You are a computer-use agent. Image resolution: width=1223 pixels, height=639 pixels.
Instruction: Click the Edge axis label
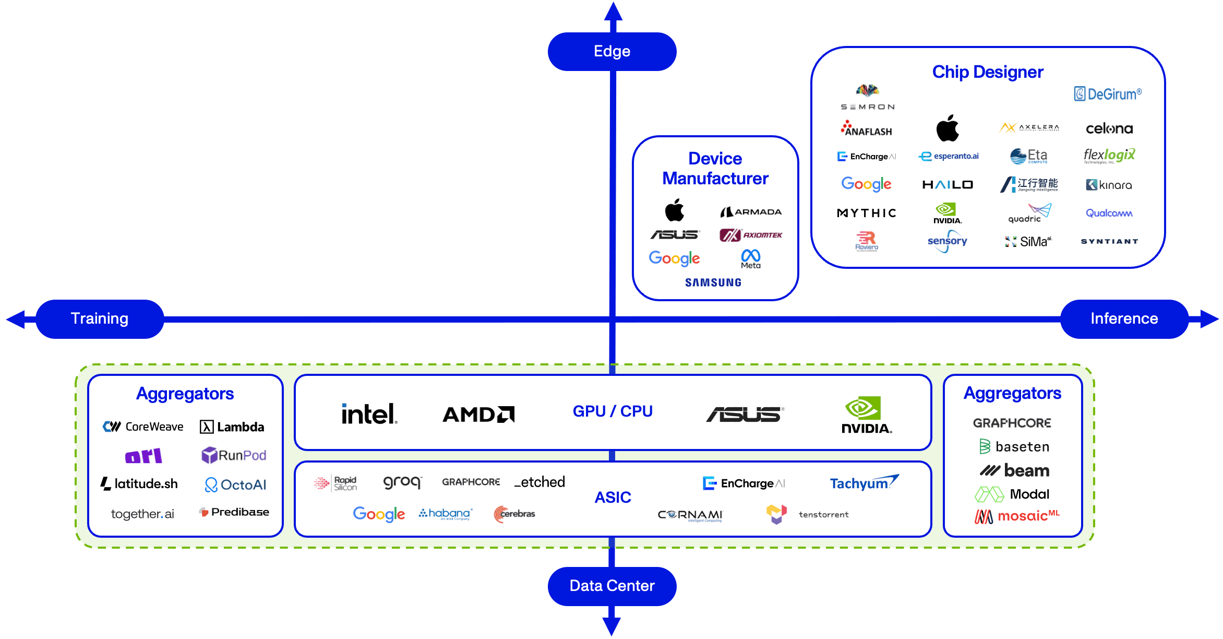(x=612, y=51)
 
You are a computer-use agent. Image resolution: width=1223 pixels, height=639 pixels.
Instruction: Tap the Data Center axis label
(x=612, y=586)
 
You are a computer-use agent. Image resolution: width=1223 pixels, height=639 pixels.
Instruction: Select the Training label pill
(x=99, y=318)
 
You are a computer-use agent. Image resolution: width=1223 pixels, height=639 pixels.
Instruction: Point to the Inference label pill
(x=1124, y=318)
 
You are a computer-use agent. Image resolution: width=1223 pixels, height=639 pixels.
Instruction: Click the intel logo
(x=369, y=414)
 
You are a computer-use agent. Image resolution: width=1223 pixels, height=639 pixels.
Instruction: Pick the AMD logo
(x=478, y=415)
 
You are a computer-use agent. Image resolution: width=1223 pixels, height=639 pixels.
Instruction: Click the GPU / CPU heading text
(x=613, y=411)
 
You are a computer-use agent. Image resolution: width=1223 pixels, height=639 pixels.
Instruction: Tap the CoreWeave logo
(x=143, y=427)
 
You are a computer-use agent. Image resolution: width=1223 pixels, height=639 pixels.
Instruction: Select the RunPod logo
(x=234, y=455)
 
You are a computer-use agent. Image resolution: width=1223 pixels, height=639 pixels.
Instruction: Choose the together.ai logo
(x=142, y=514)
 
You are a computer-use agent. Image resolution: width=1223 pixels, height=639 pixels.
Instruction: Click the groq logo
(x=402, y=482)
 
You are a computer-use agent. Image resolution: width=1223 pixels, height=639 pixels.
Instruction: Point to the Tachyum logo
(x=864, y=483)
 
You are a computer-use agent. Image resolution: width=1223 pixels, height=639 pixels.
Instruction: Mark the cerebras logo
(x=514, y=514)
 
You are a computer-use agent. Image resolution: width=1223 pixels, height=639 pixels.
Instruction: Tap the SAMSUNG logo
(x=713, y=282)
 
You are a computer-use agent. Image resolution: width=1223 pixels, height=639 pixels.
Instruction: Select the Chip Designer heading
(x=988, y=72)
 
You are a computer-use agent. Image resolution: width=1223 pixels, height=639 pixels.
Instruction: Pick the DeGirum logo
(x=1108, y=94)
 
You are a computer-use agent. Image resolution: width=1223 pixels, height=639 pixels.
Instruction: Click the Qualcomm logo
(x=1109, y=213)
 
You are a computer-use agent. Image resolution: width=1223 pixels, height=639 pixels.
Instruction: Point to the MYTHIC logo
(x=867, y=213)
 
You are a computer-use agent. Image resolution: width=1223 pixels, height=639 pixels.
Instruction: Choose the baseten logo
(x=1014, y=447)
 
